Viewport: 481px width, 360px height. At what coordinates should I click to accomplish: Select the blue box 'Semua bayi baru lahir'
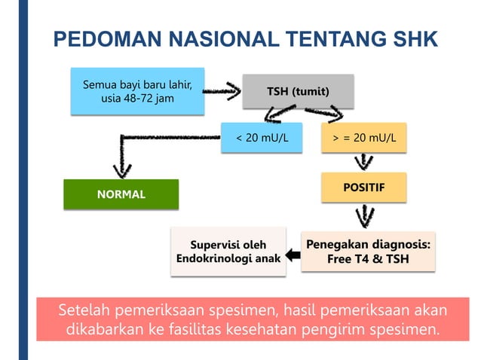(x=136, y=92)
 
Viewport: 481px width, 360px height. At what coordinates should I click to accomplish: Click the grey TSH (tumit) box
(x=298, y=92)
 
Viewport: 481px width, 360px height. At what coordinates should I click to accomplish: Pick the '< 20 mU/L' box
(x=261, y=139)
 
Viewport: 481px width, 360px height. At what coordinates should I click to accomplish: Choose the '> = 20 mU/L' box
(x=364, y=139)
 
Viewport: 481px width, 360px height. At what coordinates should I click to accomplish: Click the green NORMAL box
(x=121, y=194)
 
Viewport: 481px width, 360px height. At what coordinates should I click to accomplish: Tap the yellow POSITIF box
(x=364, y=187)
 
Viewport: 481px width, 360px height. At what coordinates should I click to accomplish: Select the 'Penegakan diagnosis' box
(x=369, y=252)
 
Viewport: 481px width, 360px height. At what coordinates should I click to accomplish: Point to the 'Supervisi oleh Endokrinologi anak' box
(x=228, y=252)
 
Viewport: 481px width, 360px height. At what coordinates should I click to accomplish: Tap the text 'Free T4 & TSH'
(x=369, y=259)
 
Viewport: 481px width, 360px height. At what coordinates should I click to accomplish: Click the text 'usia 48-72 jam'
(x=136, y=100)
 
